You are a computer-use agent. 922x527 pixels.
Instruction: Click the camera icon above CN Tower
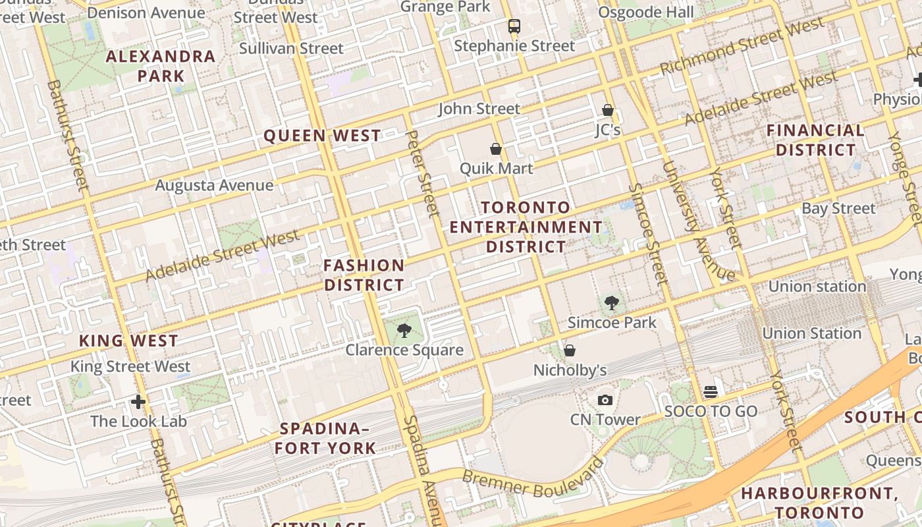[605, 400]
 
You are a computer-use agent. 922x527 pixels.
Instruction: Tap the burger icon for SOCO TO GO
[710, 391]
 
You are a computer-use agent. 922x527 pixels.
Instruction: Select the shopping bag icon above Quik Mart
[496, 150]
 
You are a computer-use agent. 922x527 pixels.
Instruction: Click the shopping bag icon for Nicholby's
[570, 350]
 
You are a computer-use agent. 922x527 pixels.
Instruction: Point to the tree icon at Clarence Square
[404, 331]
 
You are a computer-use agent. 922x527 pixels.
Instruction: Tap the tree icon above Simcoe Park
[612, 303]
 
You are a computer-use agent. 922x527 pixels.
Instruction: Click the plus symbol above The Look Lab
[138, 401]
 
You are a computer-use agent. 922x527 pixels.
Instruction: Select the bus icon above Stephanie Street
[514, 26]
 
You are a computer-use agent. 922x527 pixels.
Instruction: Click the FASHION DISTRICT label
[364, 275]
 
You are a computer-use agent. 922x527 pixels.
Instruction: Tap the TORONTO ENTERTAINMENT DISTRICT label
[526, 227]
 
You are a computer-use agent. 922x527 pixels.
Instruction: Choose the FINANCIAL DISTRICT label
[815, 140]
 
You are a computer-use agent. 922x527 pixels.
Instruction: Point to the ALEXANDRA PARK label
[161, 66]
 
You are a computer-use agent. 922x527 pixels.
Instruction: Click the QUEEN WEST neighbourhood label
[322, 136]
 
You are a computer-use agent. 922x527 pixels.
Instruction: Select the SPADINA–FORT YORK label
[325, 438]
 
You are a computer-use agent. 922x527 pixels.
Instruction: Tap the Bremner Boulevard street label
[533, 477]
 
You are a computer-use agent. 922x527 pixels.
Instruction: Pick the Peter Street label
[423, 173]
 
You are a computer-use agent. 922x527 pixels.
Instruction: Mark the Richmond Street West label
[742, 47]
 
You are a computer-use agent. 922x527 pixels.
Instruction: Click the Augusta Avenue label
[214, 185]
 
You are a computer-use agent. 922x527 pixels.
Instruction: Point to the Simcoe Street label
[648, 234]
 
